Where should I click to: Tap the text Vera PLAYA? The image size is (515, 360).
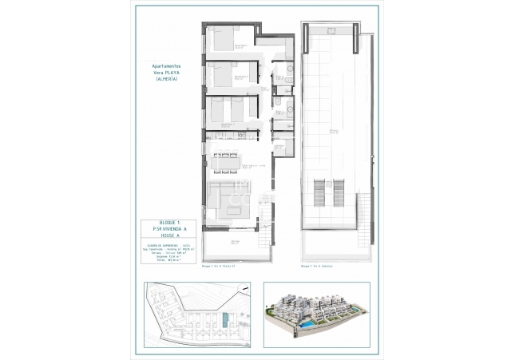[x=166, y=73]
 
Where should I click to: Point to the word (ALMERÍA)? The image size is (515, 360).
[x=166, y=80]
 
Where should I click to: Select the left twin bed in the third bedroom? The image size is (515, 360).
[x=216, y=110]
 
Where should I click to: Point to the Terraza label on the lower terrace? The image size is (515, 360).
[x=235, y=240]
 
